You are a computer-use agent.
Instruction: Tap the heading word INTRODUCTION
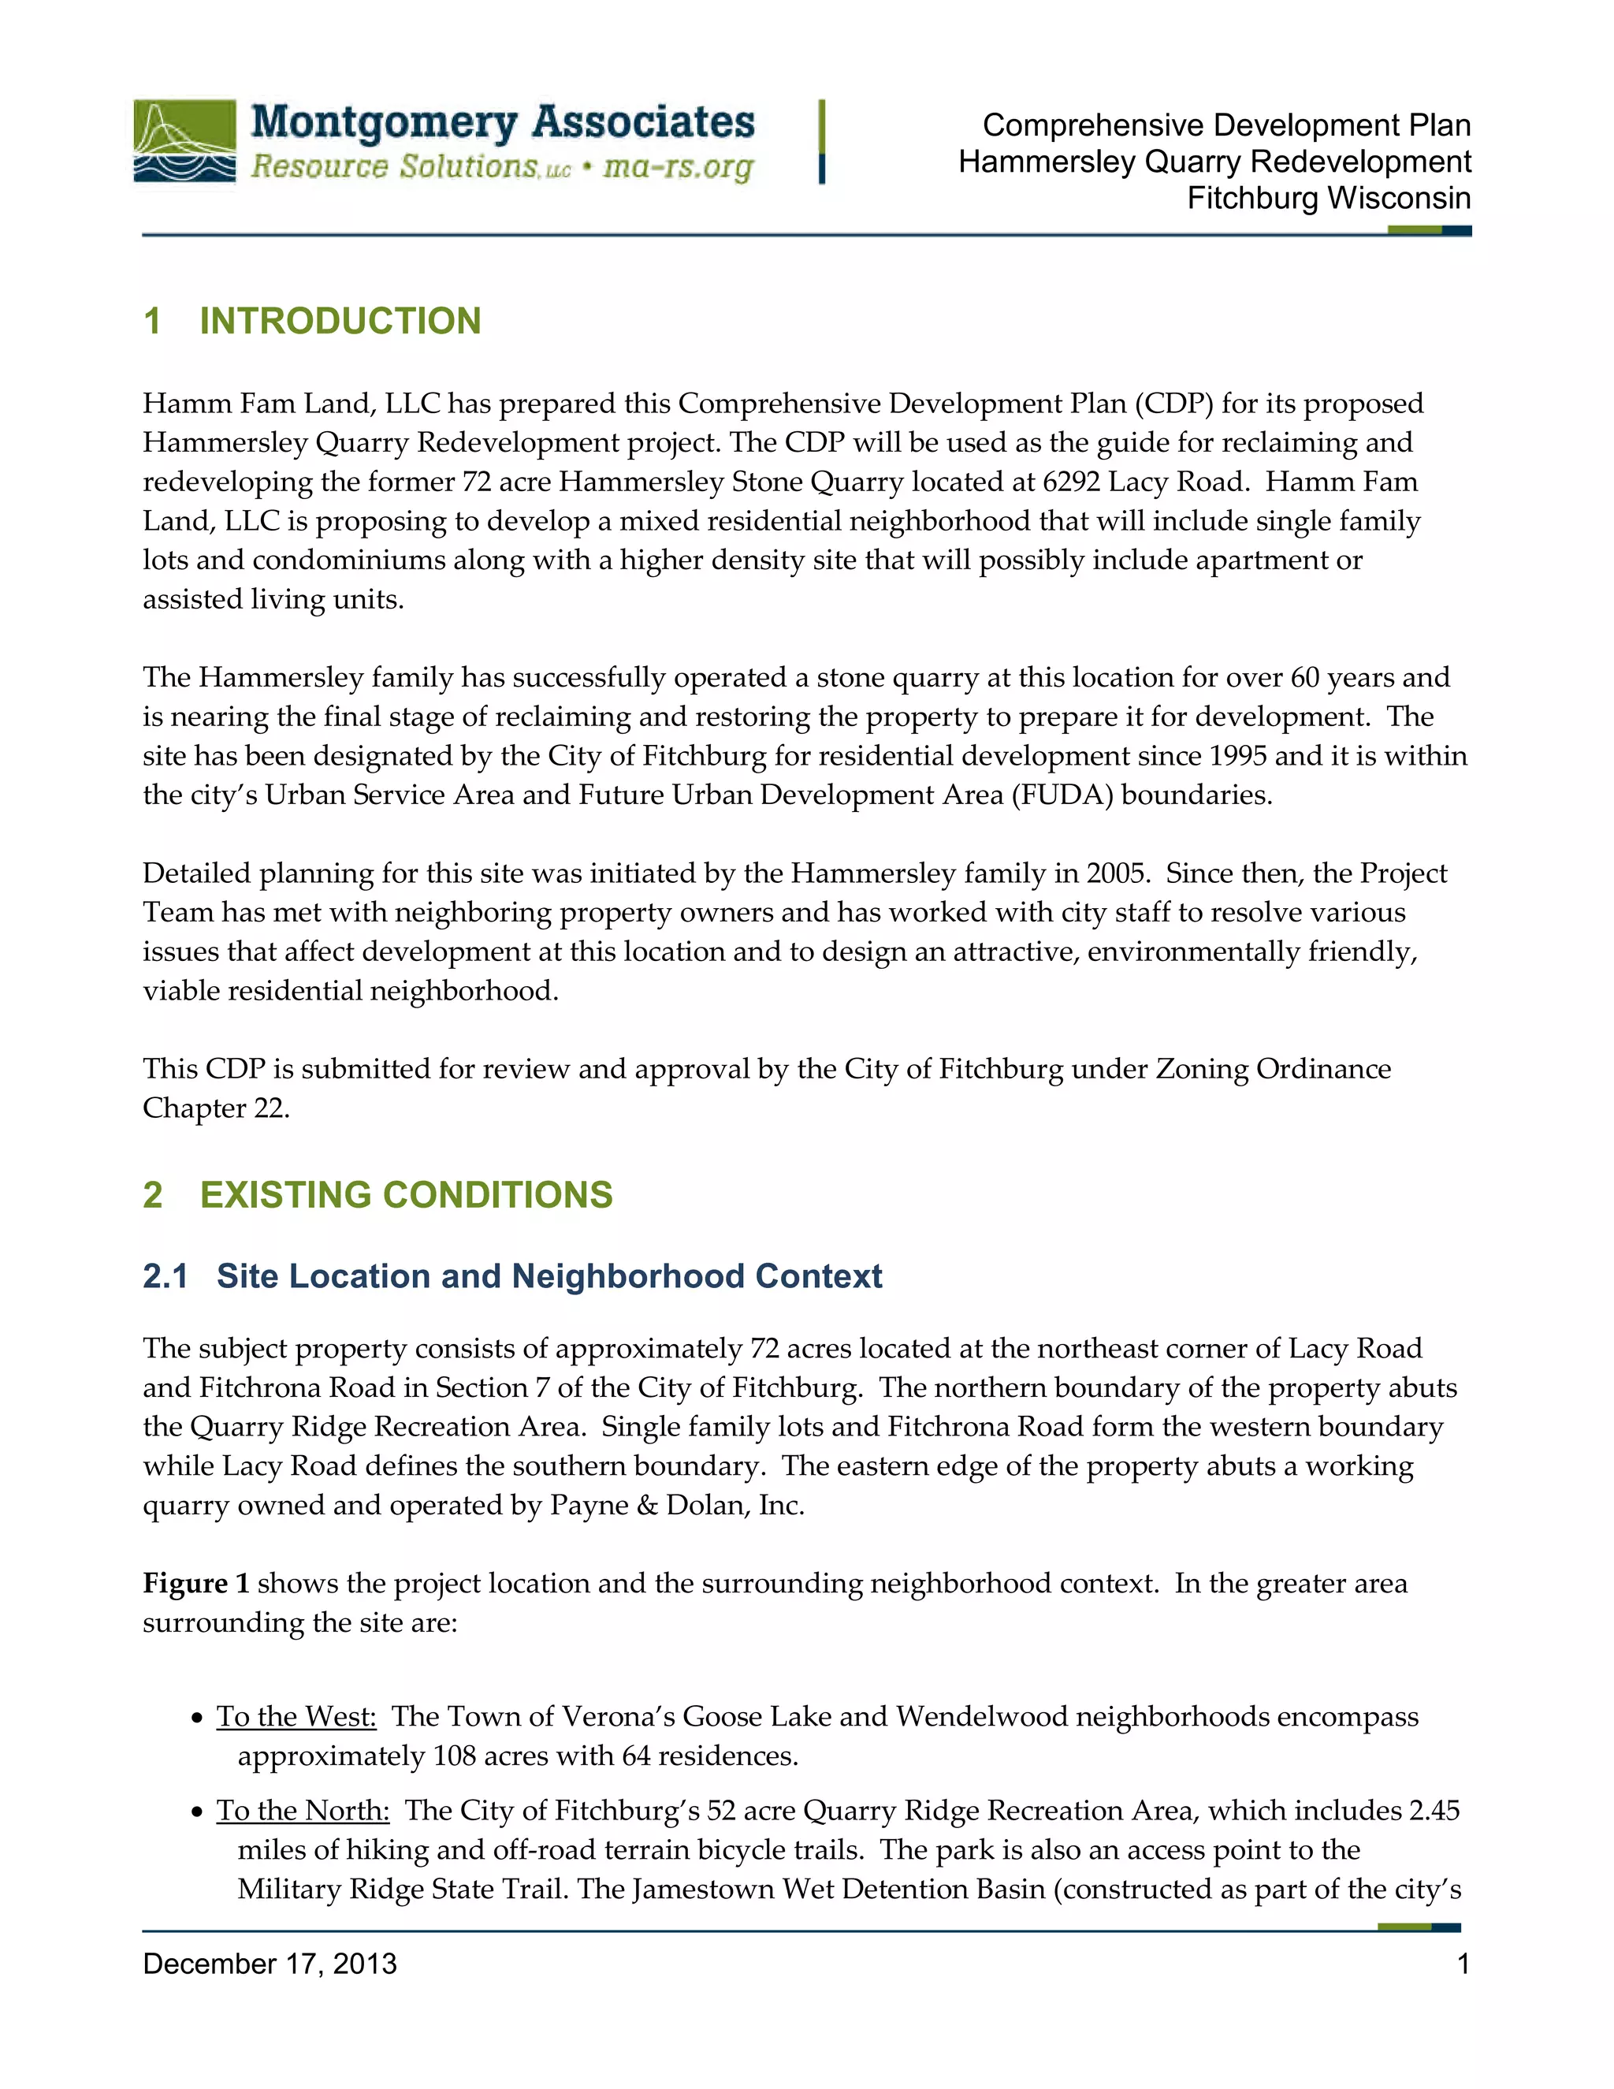pyautogui.click(x=340, y=322)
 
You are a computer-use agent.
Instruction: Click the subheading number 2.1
pyautogui.click(x=165, y=1277)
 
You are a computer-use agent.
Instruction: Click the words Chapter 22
pyautogui.click(x=215, y=1108)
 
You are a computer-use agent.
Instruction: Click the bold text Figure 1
pyautogui.click(x=196, y=1584)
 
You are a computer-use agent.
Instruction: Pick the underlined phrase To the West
pyautogui.click(x=296, y=1717)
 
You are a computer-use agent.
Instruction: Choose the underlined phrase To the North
pyautogui.click(x=302, y=1811)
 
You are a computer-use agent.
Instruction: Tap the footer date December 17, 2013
pyautogui.click(x=270, y=1964)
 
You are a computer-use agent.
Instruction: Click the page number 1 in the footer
pyautogui.click(x=1462, y=1964)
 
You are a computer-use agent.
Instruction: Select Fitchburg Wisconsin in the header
pyautogui.click(x=1328, y=199)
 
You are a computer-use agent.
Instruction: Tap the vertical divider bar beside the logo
pyautogui.click(x=821, y=142)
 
